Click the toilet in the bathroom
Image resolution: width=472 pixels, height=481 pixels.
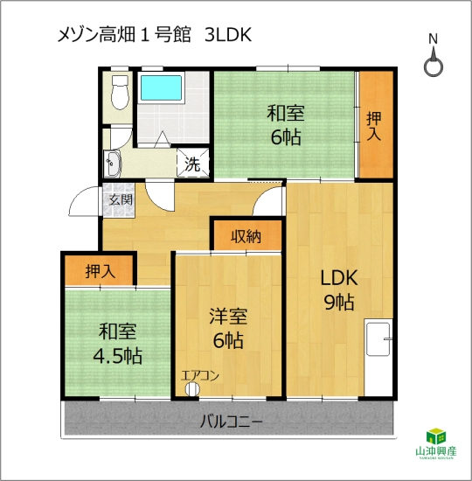[x=120, y=93]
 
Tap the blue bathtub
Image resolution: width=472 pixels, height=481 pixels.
[x=161, y=87]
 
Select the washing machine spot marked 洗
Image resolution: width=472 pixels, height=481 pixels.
[x=192, y=164]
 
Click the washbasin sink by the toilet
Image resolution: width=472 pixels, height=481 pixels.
[x=113, y=164]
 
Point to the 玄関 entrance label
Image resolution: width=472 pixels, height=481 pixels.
[x=121, y=200]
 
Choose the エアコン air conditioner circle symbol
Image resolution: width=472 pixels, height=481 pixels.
[x=192, y=389]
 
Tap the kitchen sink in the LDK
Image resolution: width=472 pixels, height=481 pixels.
[x=378, y=338]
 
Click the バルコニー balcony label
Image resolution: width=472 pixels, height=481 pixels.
[x=232, y=422]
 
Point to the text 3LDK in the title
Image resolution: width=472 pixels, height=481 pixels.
[x=228, y=35]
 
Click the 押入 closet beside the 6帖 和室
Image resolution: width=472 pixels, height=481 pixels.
[x=376, y=124]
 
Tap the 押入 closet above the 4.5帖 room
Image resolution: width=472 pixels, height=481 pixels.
[x=99, y=270]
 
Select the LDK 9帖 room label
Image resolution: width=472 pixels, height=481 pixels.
[x=339, y=289]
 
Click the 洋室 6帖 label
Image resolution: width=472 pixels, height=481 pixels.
[x=228, y=328]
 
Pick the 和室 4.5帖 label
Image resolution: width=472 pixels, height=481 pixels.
[x=118, y=344]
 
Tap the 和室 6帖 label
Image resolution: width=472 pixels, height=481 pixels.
[x=286, y=125]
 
